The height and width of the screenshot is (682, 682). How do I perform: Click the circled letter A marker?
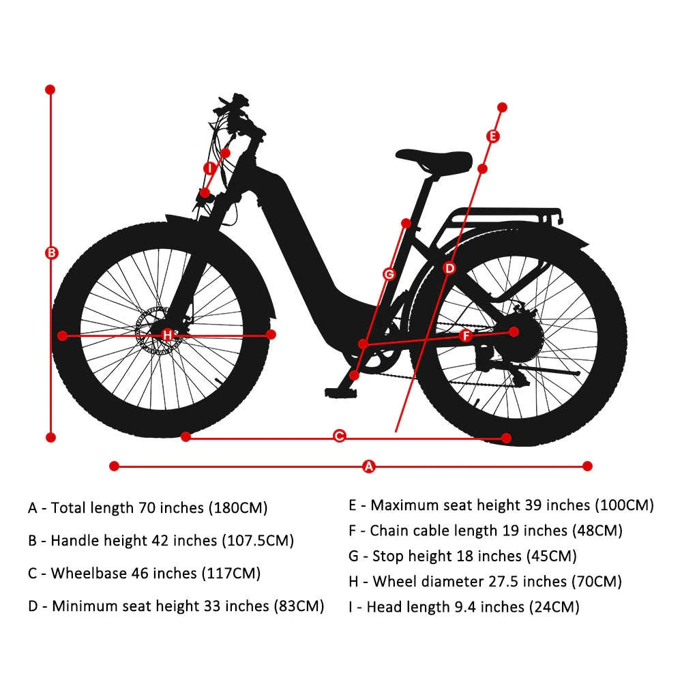[369, 466]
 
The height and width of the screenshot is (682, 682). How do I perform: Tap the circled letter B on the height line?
[51, 253]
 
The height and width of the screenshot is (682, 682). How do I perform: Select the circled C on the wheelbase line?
[339, 436]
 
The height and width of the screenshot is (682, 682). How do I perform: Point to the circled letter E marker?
[493, 136]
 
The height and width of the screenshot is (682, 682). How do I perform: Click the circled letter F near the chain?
[466, 336]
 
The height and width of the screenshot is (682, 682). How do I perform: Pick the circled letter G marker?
[389, 274]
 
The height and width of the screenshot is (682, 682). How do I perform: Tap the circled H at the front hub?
[168, 335]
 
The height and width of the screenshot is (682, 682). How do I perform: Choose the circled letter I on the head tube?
[210, 168]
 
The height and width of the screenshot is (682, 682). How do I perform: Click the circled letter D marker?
[449, 268]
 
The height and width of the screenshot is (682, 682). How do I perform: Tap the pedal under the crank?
[341, 393]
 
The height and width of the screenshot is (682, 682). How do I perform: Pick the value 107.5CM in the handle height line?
[258, 541]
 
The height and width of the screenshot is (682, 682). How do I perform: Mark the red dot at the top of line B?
[50, 89]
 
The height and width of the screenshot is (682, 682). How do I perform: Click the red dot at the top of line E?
[502, 108]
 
